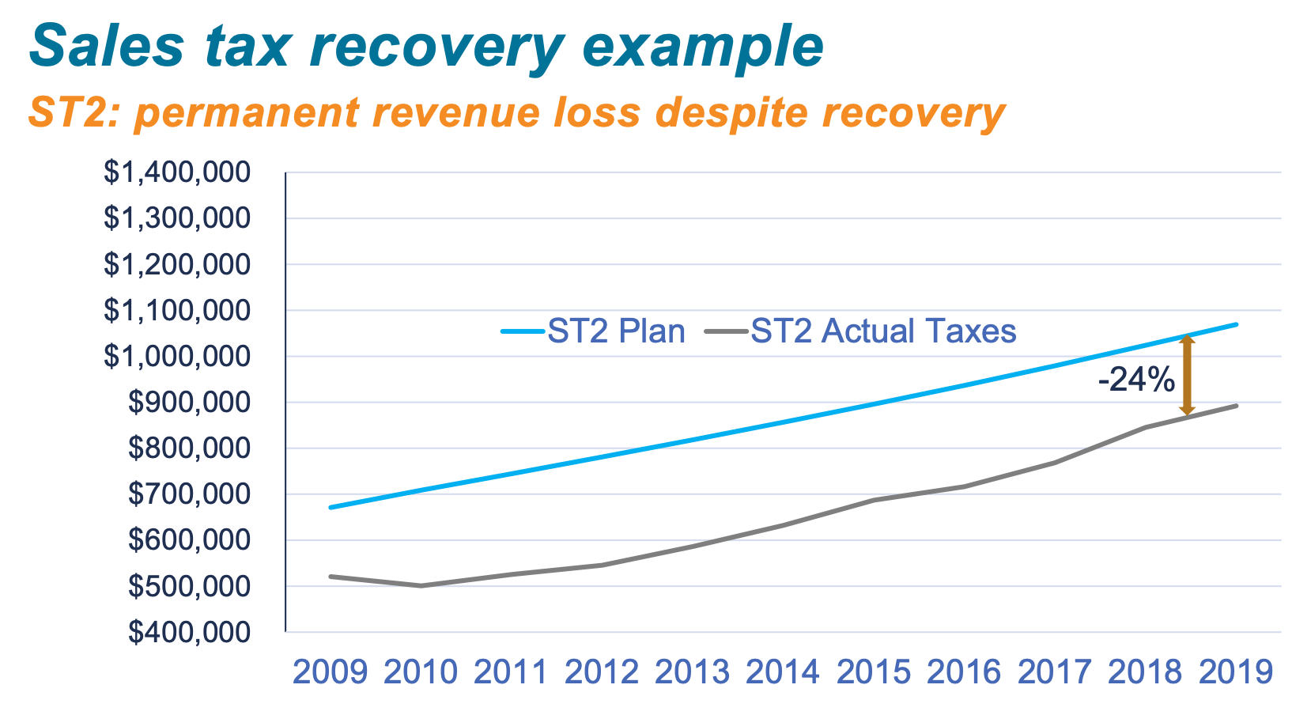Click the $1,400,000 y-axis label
177,172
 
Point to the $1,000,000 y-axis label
177,357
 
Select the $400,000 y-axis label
190,632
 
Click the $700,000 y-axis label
190,494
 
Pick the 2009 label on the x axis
330,672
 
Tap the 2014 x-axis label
783,672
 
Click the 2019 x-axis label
1236,672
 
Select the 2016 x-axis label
964,672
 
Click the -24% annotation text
1136,380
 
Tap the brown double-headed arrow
1186,375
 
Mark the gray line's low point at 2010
421,586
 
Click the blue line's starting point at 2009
331,507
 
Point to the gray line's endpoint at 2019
1236,406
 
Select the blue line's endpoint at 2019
1236,324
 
